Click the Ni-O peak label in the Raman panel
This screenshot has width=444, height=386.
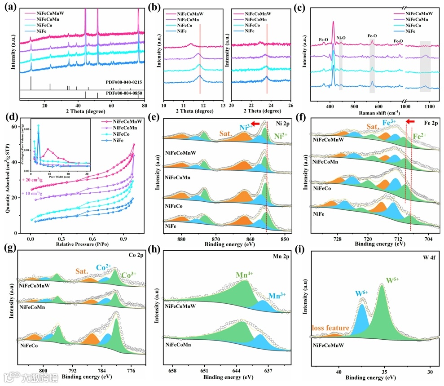(x=341, y=38)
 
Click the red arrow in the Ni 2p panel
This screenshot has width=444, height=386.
(x=255, y=124)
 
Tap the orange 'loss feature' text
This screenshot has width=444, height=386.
(x=330, y=328)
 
